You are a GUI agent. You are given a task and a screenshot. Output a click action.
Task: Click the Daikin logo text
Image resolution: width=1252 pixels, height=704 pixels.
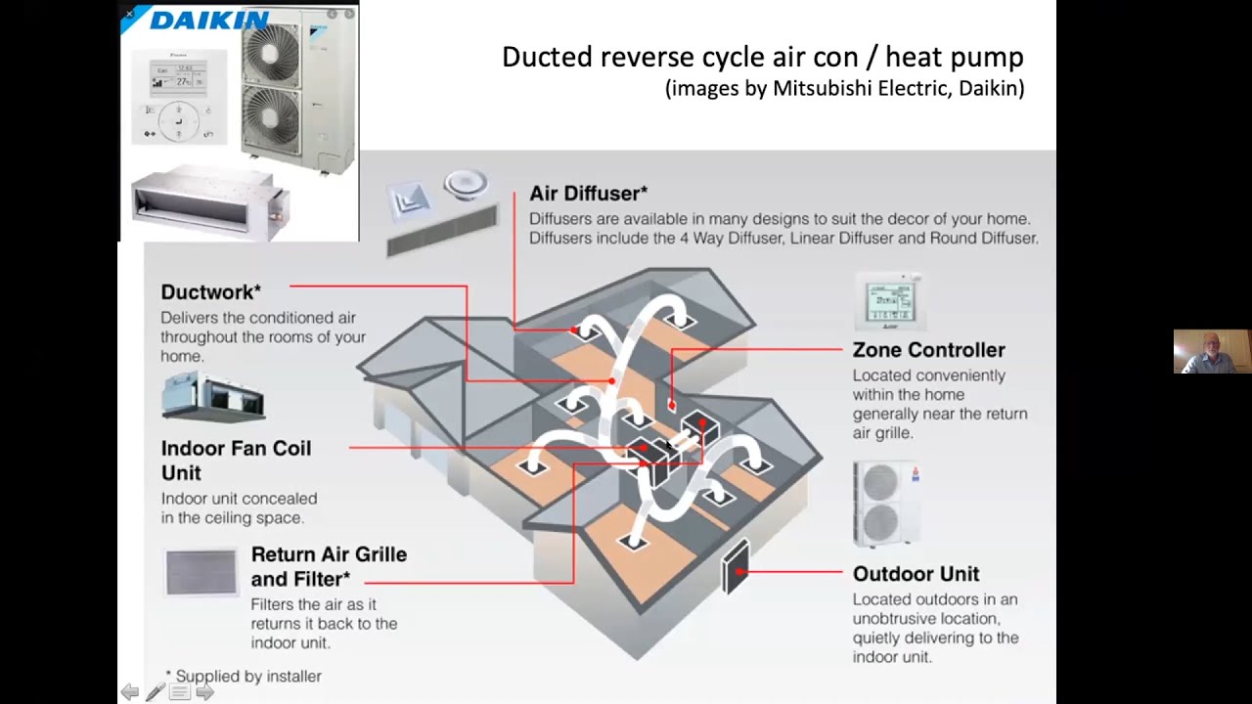[208, 21]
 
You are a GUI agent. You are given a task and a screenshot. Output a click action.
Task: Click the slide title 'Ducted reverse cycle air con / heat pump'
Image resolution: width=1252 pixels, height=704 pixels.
[762, 57]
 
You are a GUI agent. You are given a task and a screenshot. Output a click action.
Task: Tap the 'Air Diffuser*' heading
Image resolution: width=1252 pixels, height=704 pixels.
[588, 193]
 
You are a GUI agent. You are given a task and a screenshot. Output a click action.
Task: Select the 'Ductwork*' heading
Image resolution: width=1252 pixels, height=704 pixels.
[210, 291]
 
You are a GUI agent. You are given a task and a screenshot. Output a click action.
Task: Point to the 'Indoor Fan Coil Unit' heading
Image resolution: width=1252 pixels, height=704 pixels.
[236, 460]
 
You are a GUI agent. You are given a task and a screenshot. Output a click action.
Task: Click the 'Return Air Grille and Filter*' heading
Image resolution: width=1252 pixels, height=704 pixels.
[329, 566]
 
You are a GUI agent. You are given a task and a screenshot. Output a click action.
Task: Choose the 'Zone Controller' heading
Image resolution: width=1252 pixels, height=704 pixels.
[928, 349]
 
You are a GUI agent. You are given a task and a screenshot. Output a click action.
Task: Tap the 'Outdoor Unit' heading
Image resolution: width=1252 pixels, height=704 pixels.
[916, 573]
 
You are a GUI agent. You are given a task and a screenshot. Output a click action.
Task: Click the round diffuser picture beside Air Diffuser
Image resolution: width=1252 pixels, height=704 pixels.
[466, 184]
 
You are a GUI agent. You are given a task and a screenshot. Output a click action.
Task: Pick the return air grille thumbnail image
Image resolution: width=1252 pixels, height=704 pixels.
[201, 571]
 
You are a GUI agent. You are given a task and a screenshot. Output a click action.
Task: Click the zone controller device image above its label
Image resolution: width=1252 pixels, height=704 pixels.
[889, 301]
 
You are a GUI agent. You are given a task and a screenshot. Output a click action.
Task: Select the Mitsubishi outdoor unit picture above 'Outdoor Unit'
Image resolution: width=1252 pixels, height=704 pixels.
[886, 503]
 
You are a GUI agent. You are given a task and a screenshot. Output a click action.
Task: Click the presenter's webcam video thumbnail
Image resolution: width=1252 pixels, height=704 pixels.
[1212, 352]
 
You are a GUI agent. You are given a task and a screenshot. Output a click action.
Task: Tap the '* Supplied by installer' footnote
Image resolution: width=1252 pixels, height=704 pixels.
[244, 676]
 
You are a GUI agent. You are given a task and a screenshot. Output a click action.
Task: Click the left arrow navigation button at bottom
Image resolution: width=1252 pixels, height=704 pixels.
[130, 692]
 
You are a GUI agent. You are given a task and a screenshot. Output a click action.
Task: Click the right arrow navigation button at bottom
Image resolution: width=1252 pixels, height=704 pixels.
[204, 692]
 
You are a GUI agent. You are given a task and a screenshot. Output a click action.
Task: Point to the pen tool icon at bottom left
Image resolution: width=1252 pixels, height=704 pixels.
[155, 692]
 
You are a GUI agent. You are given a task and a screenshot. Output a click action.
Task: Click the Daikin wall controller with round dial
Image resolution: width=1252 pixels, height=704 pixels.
[179, 95]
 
